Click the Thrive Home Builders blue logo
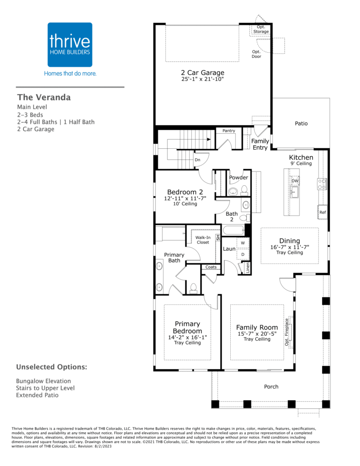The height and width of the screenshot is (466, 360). [x=70, y=45]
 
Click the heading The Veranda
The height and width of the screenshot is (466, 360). [x=44, y=97]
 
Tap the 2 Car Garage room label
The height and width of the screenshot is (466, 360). [x=203, y=72]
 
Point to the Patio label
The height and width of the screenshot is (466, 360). [x=301, y=123]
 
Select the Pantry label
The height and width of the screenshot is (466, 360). [x=228, y=131]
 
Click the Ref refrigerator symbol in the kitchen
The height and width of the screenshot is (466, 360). [x=323, y=212]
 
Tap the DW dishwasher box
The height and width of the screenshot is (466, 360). [x=294, y=181]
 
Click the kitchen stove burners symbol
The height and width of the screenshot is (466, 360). [x=322, y=184]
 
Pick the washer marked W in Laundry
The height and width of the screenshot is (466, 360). [x=243, y=243]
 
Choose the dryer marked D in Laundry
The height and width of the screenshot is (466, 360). [x=243, y=254]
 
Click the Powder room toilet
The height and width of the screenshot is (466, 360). [x=244, y=190]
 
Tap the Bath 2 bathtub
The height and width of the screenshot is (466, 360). [x=233, y=230]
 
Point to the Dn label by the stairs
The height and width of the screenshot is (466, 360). [x=198, y=160]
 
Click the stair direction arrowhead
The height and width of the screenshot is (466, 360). [x=209, y=139]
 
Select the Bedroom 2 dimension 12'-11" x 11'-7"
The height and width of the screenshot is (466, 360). [x=185, y=198]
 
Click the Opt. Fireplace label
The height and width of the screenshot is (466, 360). [x=287, y=332]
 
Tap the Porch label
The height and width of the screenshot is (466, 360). [x=271, y=387]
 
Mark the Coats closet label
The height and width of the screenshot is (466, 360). [x=211, y=267]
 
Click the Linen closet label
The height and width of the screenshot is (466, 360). [x=248, y=268]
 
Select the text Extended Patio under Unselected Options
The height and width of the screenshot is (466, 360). [x=37, y=395]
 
